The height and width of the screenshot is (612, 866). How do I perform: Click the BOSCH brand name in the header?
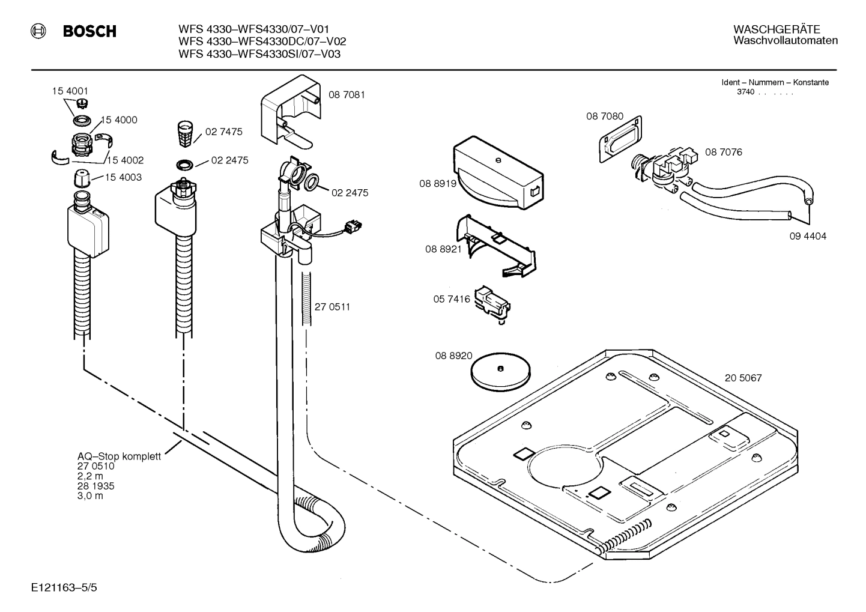89,31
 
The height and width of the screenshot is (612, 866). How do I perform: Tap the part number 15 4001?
70,91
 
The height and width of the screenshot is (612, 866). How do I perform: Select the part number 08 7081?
347,95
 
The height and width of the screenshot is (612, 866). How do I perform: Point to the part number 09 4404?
808,236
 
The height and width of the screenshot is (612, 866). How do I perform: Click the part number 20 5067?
743,378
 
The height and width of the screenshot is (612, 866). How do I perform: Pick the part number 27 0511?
332,307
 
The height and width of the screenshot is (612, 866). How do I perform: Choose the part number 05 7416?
451,298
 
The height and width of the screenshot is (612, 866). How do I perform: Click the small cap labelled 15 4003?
81,178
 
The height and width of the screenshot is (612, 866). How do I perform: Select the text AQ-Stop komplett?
119,456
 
